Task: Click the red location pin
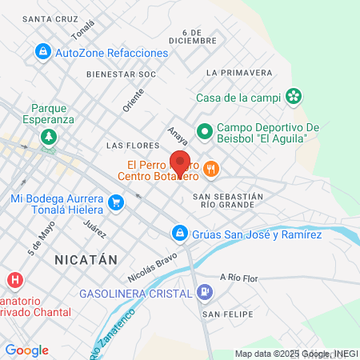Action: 180,162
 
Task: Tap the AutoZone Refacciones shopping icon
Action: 42,53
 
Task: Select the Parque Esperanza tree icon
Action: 50,136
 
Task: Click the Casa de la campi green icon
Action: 294,97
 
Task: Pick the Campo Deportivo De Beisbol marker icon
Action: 205,129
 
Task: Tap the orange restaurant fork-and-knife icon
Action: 211,169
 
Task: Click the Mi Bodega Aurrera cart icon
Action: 117,203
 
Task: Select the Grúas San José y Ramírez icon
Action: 179,234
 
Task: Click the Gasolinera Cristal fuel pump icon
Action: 205,292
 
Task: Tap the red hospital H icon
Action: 14,280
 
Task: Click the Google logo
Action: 26,350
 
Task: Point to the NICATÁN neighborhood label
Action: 86,260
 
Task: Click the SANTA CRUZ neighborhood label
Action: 50,18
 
